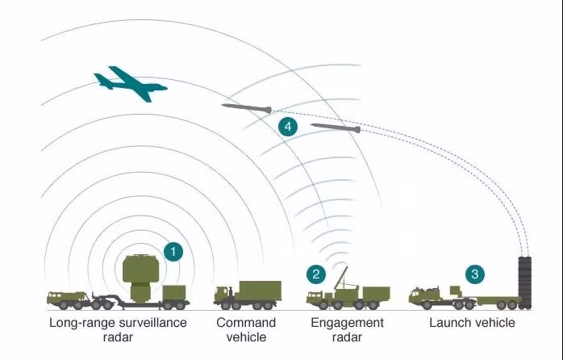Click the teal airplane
coord(129,83)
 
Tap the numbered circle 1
coord(173,251)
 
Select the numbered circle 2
coord(316,274)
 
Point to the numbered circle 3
coord(475,274)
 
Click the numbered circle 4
coord(287,126)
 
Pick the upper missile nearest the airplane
coord(246,107)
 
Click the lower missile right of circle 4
coord(335,127)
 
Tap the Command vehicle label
coord(246,329)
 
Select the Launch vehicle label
coord(472,323)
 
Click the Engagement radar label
coord(347,329)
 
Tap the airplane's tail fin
coord(102,79)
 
